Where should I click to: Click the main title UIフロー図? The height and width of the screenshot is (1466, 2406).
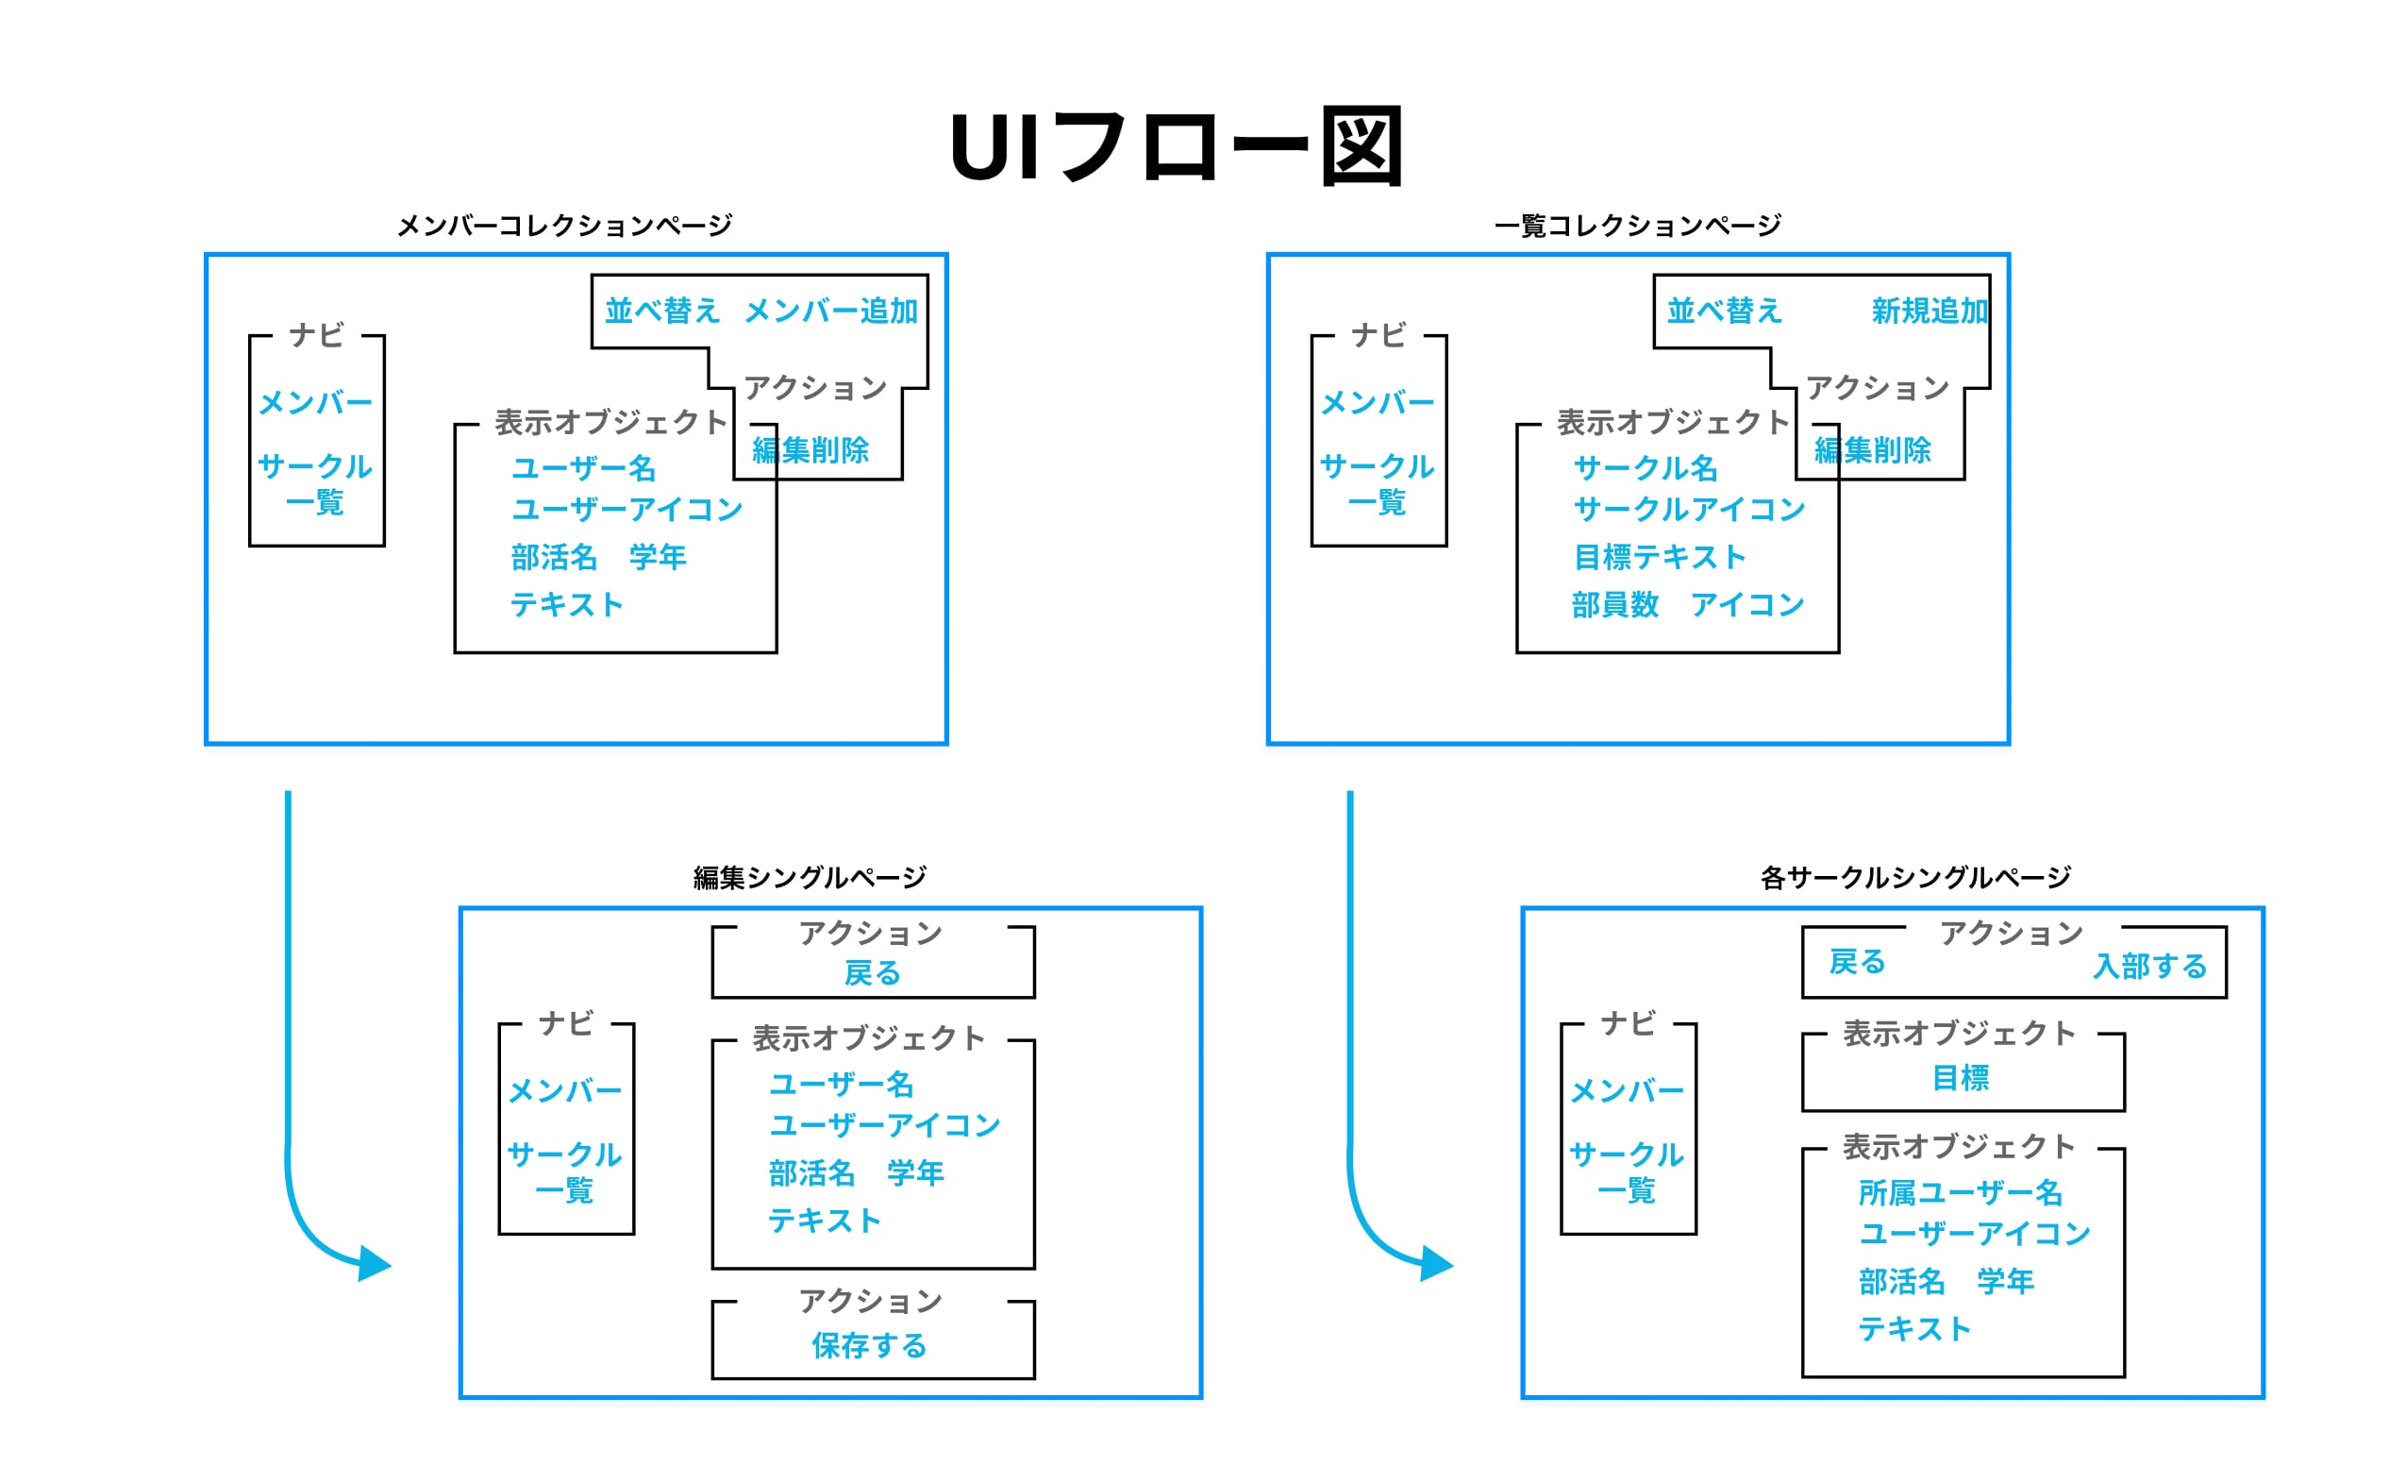tap(1177, 146)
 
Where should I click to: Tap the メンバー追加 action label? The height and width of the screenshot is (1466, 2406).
tap(831, 311)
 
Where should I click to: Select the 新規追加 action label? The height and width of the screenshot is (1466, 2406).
tap(1929, 311)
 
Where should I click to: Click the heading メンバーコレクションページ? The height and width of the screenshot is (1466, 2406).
tap(564, 226)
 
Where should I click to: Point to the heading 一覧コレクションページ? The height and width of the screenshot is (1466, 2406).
tap(1638, 226)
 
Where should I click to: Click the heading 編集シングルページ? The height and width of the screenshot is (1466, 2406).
tap(810, 878)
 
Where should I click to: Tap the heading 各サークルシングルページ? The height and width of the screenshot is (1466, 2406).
tap(1914, 878)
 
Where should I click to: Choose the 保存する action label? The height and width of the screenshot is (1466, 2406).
tap(869, 1346)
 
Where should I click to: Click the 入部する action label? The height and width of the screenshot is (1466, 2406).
tap(2149, 966)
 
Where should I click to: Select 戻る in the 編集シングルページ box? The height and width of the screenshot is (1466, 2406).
tap(872, 973)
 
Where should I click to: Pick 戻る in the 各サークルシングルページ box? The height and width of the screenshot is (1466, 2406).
tap(1856, 962)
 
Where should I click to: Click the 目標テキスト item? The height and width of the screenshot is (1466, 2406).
tap(1659, 557)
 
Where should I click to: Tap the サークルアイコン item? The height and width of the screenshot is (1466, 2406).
tap(1689, 509)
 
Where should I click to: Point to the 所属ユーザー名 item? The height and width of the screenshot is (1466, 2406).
tap(1960, 1192)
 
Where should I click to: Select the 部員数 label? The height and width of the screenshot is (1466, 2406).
tap(1615, 604)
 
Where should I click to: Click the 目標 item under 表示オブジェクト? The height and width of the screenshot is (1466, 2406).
tap(1960, 1078)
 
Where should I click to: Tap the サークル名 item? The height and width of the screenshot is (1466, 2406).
tap(1646, 468)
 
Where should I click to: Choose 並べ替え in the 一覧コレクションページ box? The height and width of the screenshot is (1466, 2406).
tap(1725, 311)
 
